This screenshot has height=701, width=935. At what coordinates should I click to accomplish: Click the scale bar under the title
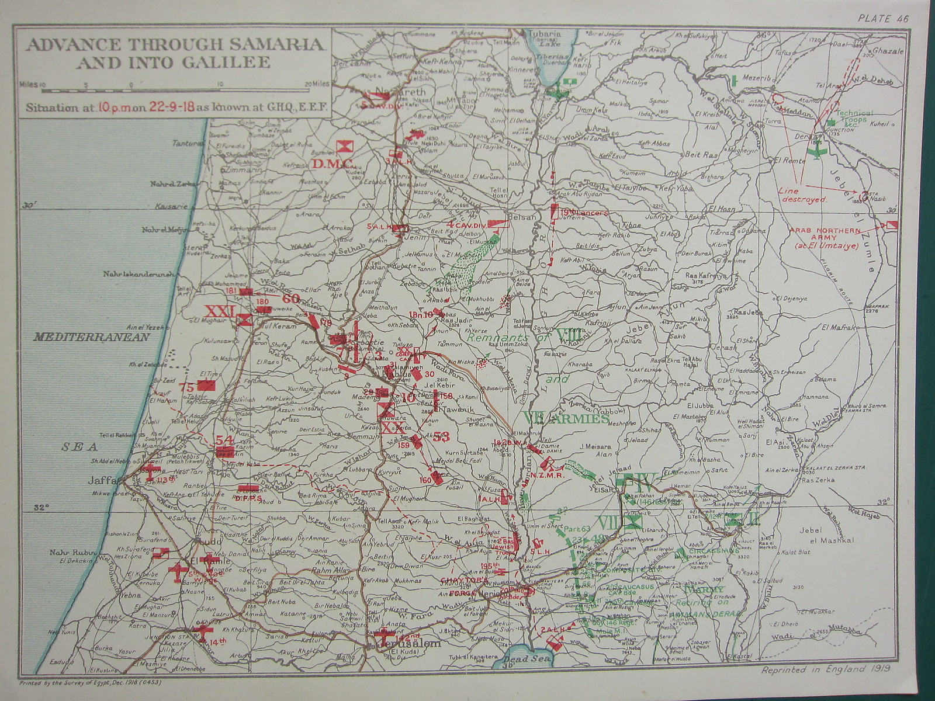tap(175, 91)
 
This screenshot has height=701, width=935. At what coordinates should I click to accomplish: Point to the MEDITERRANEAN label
tap(91, 337)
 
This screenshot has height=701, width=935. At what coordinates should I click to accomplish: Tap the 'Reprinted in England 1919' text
tap(826, 671)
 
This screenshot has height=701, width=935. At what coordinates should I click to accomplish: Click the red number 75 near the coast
tap(186, 387)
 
